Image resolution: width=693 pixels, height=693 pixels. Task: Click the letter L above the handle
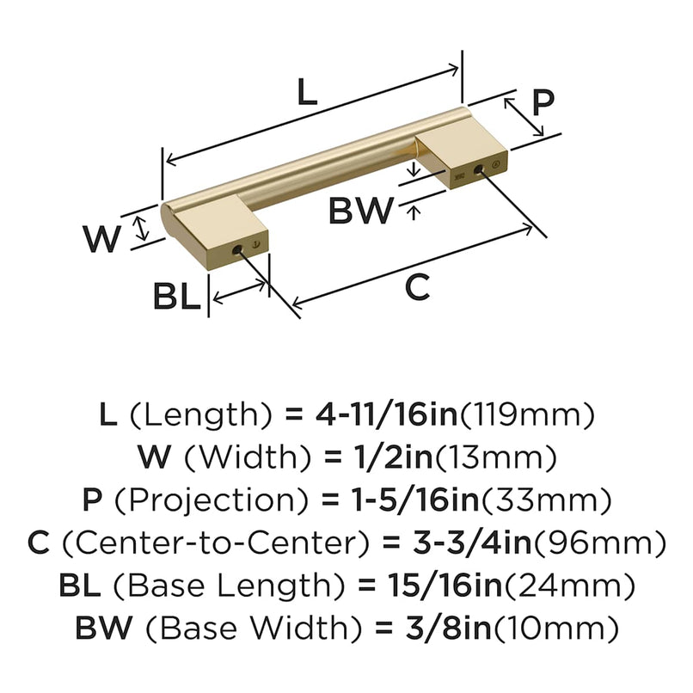pos(308,92)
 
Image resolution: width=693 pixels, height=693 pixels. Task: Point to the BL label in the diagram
pos(176,297)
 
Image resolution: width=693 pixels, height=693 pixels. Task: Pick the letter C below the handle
pos(416,289)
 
